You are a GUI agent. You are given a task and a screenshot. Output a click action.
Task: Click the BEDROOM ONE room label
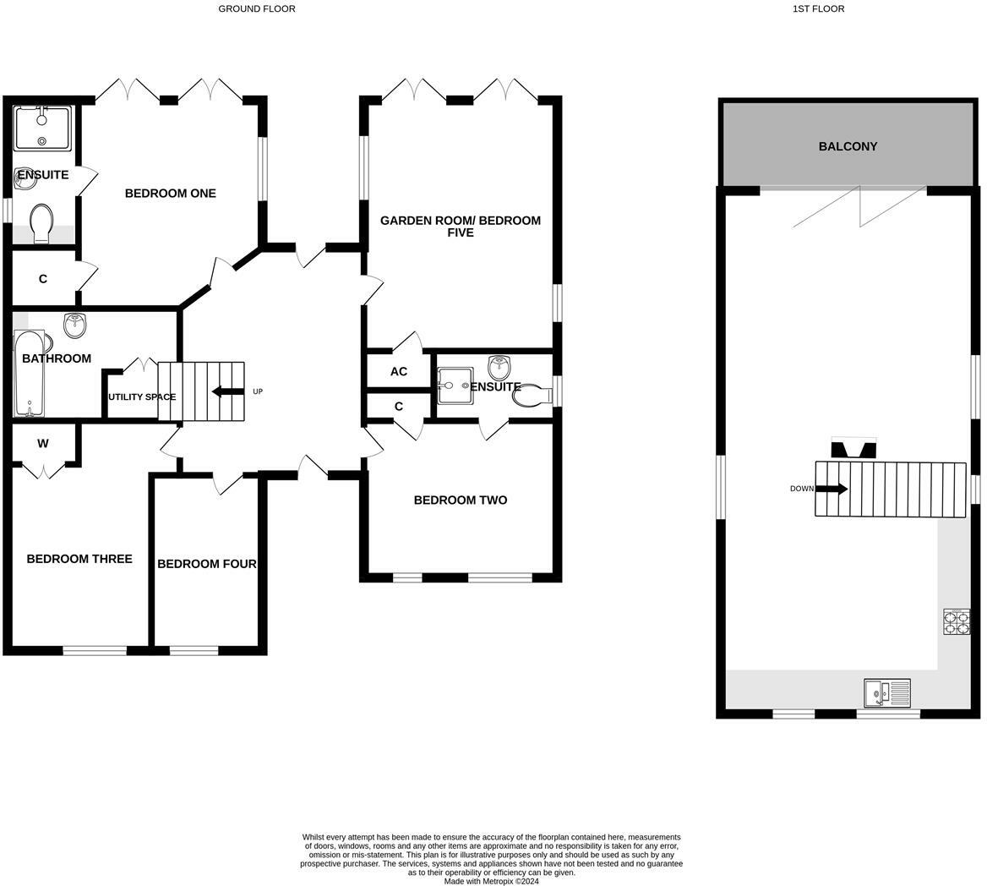(170, 194)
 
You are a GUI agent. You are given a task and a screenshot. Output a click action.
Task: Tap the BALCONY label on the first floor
(848, 146)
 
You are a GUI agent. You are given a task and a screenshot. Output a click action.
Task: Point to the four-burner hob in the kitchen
(956, 622)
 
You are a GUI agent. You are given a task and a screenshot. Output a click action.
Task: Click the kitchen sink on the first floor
(886, 693)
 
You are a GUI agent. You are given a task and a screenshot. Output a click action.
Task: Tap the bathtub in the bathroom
(28, 374)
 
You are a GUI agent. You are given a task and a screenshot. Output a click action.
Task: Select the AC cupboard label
(399, 372)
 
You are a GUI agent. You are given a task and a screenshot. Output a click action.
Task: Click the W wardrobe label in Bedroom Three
(43, 444)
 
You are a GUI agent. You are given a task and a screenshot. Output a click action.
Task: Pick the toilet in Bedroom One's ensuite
(41, 224)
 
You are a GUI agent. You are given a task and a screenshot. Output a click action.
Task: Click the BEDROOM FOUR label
(207, 564)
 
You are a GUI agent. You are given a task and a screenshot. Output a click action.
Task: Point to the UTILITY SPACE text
(141, 397)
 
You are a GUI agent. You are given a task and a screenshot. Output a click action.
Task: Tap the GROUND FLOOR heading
(257, 8)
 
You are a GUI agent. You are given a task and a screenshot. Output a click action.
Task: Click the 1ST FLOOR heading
(818, 8)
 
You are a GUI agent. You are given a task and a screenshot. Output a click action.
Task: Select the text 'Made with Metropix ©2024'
(491, 881)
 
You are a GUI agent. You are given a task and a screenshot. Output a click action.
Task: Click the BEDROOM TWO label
(461, 500)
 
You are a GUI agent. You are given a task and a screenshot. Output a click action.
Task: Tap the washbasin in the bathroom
(76, 324)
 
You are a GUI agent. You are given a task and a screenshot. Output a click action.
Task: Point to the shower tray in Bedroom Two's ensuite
(455, 386)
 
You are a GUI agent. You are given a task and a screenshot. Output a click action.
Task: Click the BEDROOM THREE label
(79, 559)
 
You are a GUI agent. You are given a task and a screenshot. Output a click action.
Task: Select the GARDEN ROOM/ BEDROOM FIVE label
(460, 226)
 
